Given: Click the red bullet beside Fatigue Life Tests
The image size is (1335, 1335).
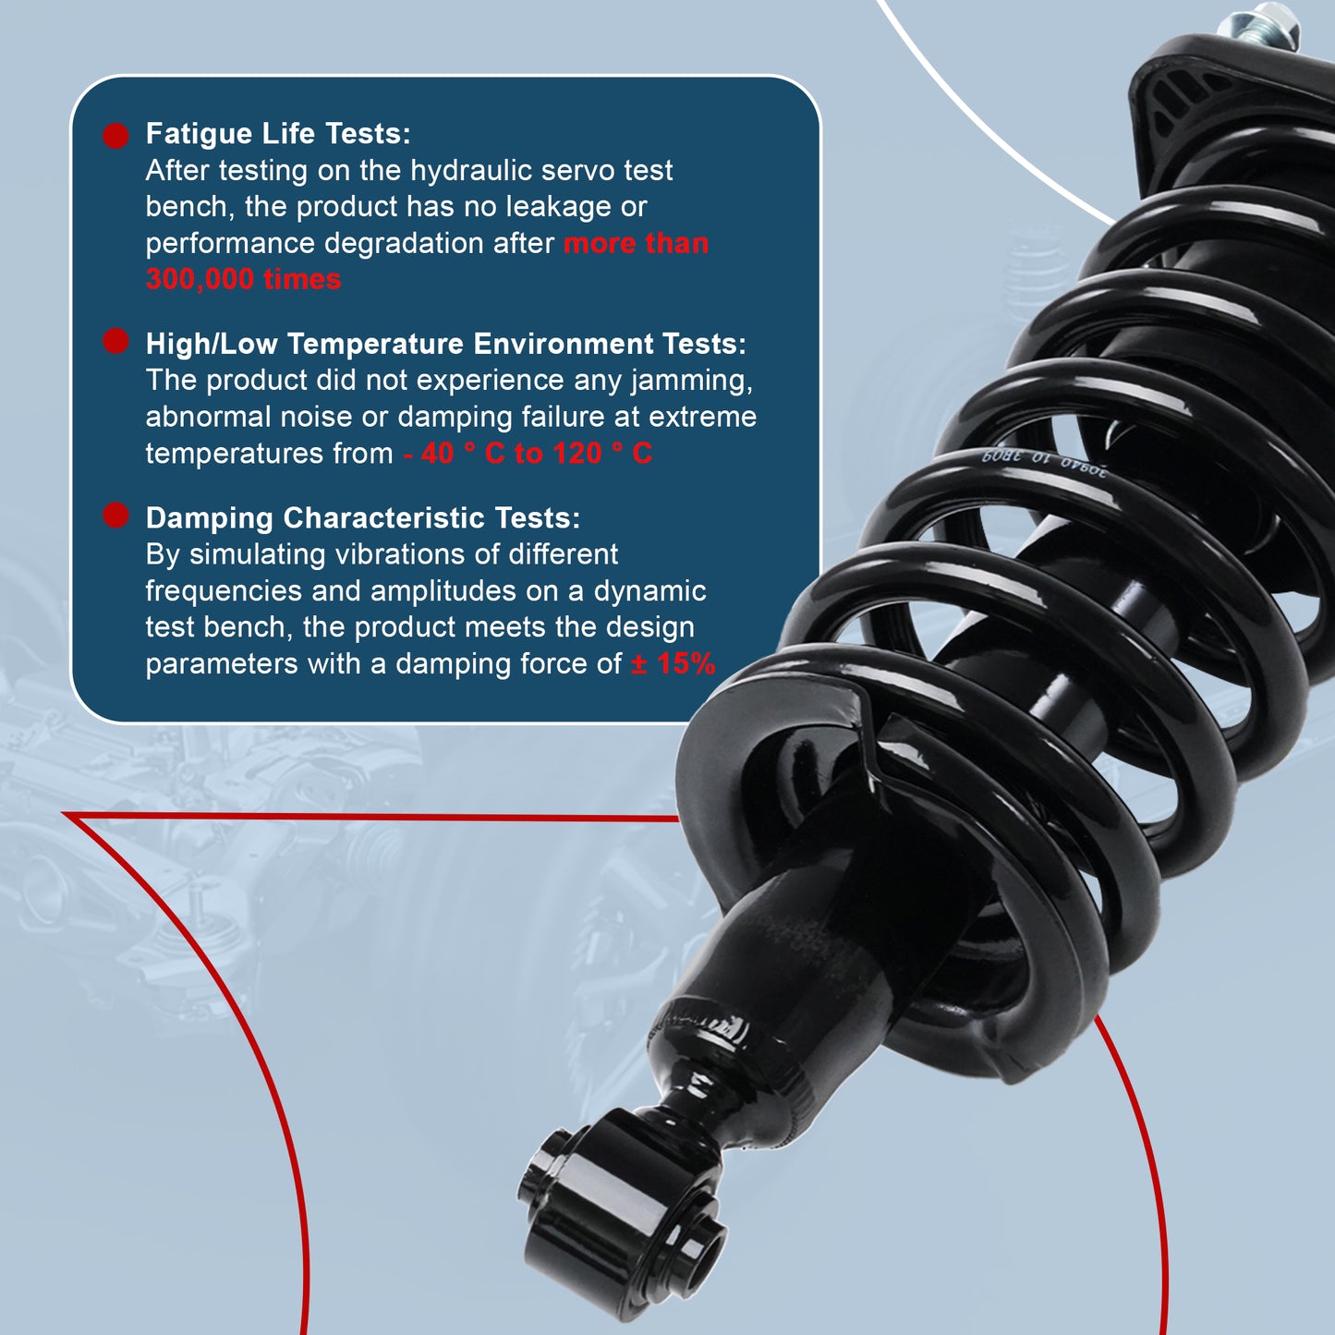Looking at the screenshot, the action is coord(115,136).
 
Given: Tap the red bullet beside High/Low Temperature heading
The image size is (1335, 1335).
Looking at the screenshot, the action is coord(115,341).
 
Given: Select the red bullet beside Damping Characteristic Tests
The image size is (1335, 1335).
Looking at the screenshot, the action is coord(115,516).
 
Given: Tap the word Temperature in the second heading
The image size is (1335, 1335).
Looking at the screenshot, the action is coord(375,345).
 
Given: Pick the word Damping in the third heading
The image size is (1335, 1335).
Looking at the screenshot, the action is coord(209,518).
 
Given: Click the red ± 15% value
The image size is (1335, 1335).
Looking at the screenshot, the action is coord(673,663).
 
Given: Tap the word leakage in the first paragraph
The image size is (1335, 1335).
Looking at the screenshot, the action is coord(558,206).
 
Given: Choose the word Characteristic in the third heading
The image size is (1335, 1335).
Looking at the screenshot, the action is coord(383,517).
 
